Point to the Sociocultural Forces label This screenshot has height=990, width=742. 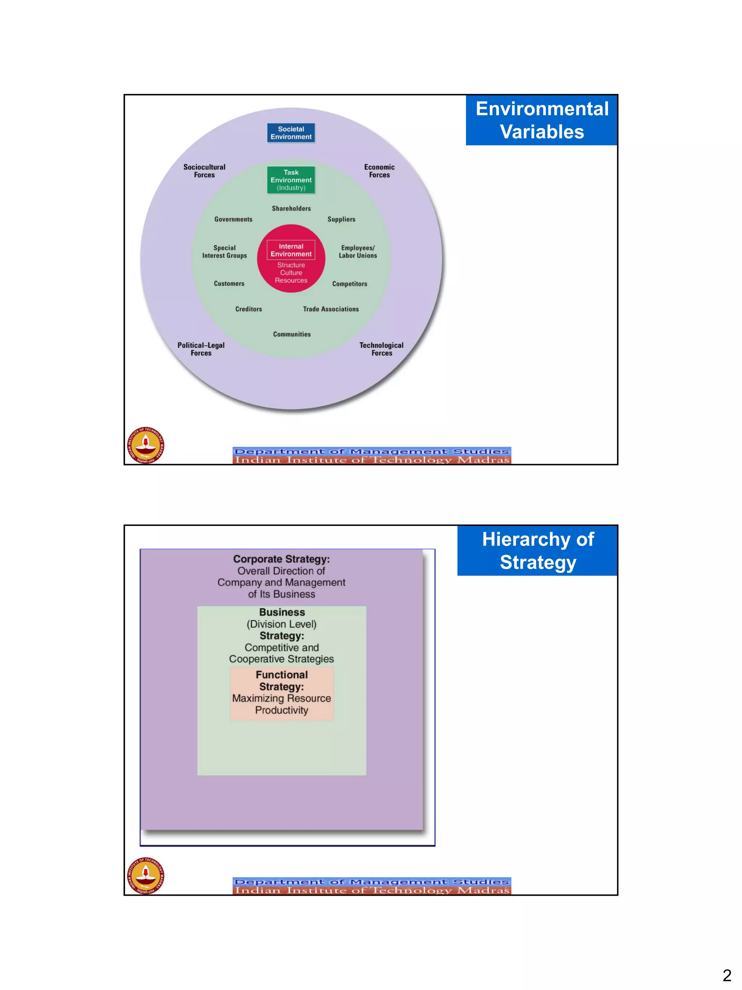point(204,171)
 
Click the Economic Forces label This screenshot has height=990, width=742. point(379,171)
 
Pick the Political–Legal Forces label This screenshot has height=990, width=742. point(201,349)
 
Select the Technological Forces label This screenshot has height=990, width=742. point(382,349)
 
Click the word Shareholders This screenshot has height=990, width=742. point(291,208)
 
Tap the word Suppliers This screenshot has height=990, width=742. point(341,219)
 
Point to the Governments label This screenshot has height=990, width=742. point(233,219)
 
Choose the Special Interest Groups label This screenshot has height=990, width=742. point(225,252)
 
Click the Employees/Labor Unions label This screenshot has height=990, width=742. point(358,252)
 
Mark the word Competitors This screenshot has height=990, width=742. point(349,284)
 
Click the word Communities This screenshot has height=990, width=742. point(292,334)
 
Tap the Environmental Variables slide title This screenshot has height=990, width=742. point(542,120)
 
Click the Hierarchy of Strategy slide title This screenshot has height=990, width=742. point(538,551)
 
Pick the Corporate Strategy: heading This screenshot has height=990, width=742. point(281,559)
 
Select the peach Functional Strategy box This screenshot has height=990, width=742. point(282,693)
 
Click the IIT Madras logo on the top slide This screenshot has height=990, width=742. point(145,445)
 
